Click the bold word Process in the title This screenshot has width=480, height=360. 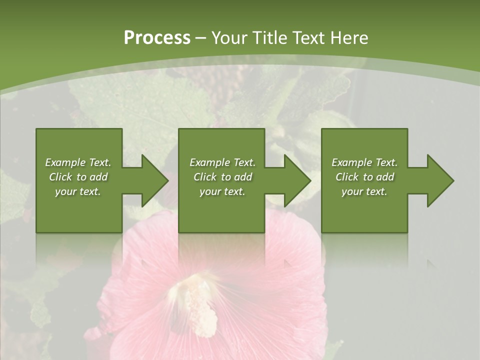pyautogui.click(x=157, y=38)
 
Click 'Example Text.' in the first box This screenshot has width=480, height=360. pyautogui.click(x=78, y=162)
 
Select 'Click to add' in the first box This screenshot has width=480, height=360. pyautogui.click(x=78, y=177)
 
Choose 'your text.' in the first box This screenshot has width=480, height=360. pyautogui.click(x=78, y=191)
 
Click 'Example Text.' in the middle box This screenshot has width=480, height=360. pyautogui.click(x=222, y=162)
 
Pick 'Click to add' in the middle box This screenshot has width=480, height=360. pyautogui.click(x=222, y=177)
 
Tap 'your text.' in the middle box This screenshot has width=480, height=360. pyautogui.click(x=222, y=191)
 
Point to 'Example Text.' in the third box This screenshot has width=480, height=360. pyautogui.click(x=364, y=162)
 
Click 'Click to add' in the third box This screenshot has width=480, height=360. pyautogui.click(x=364, y=177)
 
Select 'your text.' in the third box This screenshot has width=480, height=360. pyautogui.click(x=364, y=191)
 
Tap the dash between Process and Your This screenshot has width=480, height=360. pyautogui.click(x=200, y=38)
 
